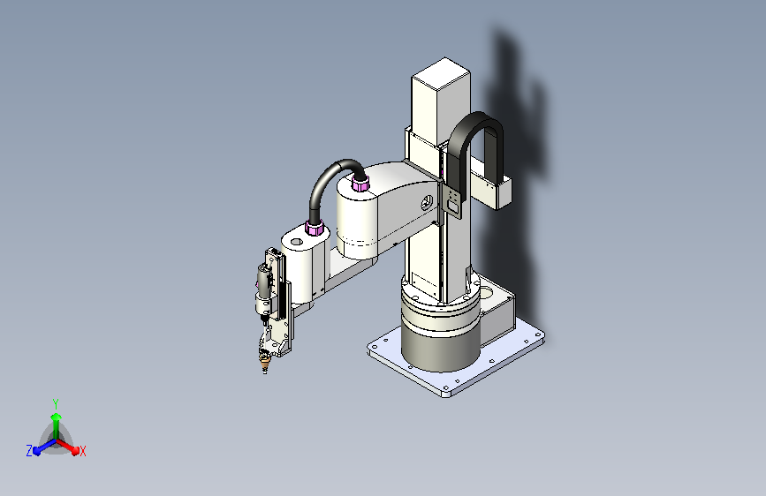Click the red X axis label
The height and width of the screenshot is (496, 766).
coord(82,451)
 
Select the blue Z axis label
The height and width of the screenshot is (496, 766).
coord(29,450)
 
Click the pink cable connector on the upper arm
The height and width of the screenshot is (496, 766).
coord(360,184)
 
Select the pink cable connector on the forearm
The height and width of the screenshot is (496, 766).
coord(314,229)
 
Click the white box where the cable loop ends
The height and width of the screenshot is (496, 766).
coord(491,189)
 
